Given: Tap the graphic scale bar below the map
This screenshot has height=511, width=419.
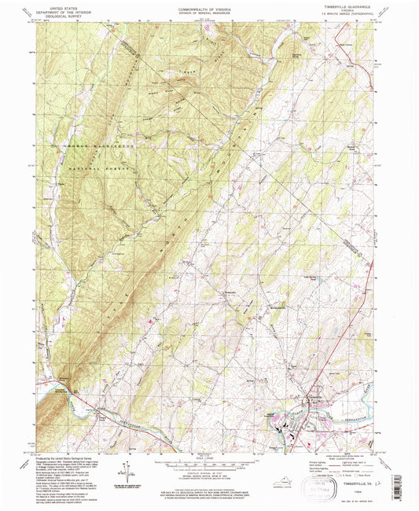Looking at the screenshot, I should coord(208,465).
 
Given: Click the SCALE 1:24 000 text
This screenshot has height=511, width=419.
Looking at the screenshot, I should coord(208,457).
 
